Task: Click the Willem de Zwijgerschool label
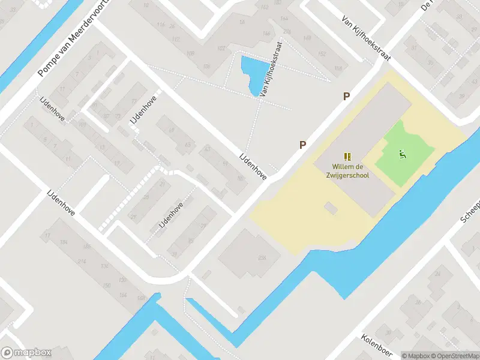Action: click(x=350, y=171)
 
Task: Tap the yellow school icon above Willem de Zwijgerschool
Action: click(x=347, y=156)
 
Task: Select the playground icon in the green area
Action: click(x=401, y=154)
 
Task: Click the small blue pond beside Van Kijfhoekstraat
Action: click(x=251, y=74)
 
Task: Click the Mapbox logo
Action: click(x=26, y=353)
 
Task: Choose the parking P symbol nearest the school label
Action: click(x=303, y=145)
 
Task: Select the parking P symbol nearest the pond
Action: click(x=346, y=96)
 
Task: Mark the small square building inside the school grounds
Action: click(x=330, y=208)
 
